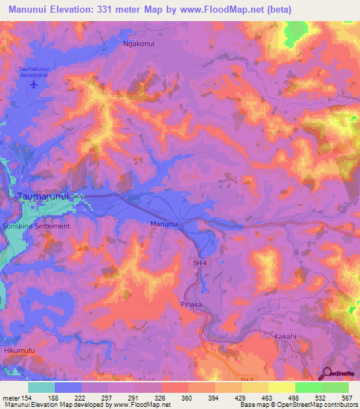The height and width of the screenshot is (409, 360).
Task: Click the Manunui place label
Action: click(165, 224)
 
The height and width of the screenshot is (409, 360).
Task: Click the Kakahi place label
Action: click(287, 336)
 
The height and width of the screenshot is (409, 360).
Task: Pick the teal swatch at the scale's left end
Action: click(41, 387)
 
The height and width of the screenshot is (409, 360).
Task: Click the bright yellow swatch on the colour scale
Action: click(281, 387)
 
